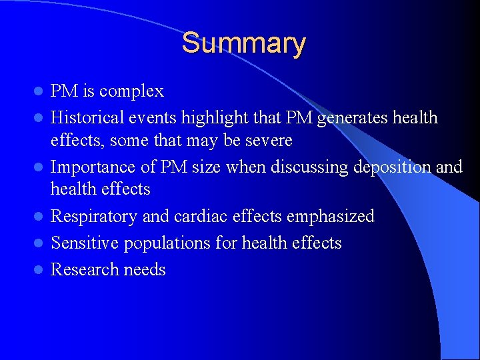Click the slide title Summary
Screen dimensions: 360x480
243,43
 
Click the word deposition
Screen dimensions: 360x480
387,167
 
